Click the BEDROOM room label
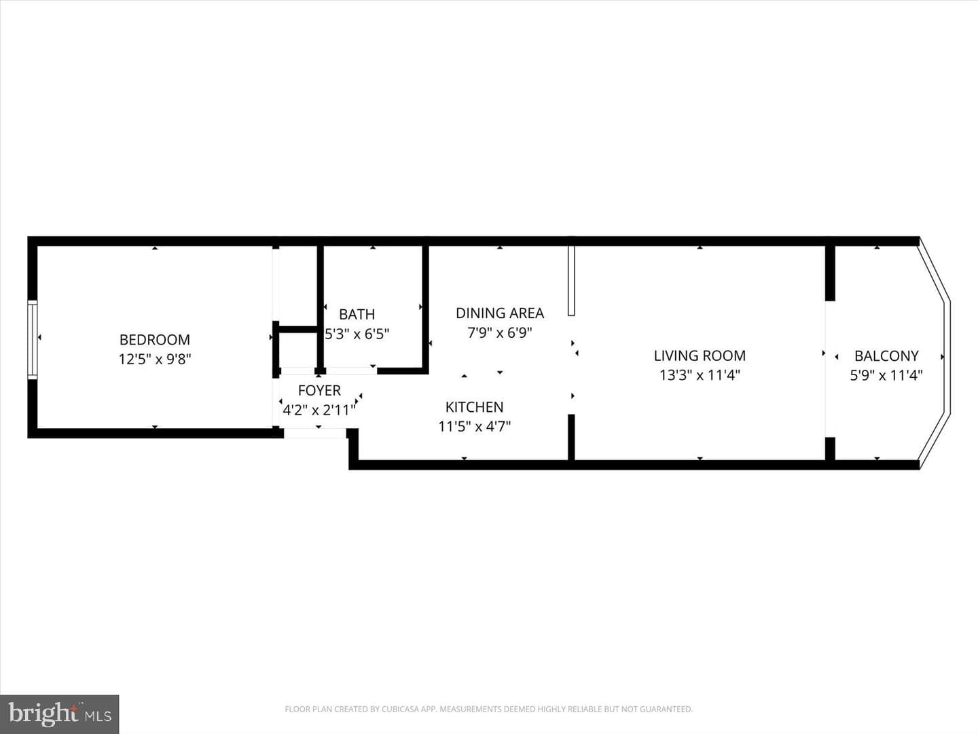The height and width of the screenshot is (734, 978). [155, 340]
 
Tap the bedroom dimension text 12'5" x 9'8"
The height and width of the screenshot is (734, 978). [155, 360]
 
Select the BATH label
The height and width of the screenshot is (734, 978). [357, 314]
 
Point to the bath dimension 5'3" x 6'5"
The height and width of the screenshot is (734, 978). [357, 334]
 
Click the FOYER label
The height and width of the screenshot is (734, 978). [319, 390]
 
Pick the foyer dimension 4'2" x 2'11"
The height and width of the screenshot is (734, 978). [319, 410]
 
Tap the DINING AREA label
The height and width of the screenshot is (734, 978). [500, 313]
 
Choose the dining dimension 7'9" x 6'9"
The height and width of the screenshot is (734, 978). [500, 333]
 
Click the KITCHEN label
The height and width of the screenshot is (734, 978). [475, 407]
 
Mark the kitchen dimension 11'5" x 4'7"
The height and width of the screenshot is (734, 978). [475, 427]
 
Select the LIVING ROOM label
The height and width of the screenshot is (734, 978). [700, 355]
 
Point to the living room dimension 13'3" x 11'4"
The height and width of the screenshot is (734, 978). [700, 375]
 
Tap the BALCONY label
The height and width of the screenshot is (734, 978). [887, 355]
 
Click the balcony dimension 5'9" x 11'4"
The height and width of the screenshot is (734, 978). [886, 375]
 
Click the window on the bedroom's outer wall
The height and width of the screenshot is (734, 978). [33, 340]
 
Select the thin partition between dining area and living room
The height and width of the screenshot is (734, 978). [572, 281]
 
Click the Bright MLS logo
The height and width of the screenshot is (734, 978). [60, 714]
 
